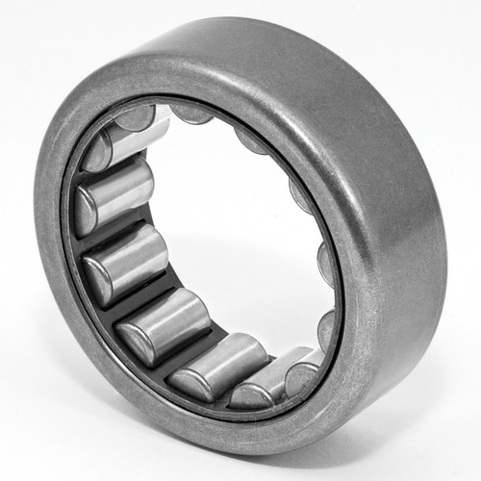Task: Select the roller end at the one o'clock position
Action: coord(252,140)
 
